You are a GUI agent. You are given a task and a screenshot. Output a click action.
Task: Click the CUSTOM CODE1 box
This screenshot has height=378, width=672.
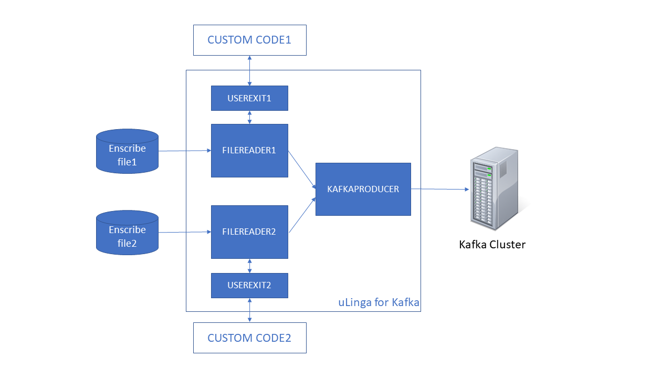(x=249, y=40)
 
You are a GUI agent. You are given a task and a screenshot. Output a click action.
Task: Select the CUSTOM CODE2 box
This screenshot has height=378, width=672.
(x=249, y=338)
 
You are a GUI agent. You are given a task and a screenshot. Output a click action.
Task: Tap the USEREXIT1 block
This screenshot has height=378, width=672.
(x=249, y=98)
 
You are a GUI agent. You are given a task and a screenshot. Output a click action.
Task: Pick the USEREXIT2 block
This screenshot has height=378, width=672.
(x=249, y=286)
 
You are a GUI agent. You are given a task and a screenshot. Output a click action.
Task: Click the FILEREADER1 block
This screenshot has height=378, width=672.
(x=249, y=151)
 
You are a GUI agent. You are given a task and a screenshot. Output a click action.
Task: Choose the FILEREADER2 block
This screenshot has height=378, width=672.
(x=249, y=232)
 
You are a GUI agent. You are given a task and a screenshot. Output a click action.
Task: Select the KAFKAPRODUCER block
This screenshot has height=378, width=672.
(x=363, y=189)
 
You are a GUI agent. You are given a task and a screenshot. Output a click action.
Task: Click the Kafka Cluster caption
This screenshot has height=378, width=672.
(x=492, y=245)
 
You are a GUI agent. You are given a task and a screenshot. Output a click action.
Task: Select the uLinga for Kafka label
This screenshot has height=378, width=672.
(x=378, y=303)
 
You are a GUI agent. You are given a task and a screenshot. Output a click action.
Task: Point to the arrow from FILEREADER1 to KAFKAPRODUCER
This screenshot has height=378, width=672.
(x=302, y=170)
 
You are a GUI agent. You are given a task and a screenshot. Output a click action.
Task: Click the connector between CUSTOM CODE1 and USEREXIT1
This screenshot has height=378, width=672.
(x=249, y=70)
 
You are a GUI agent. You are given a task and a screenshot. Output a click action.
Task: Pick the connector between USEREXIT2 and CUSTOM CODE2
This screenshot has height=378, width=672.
(x=249, y=310)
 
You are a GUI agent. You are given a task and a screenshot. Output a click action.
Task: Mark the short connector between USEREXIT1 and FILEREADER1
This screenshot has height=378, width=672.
(x=249, y=118)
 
